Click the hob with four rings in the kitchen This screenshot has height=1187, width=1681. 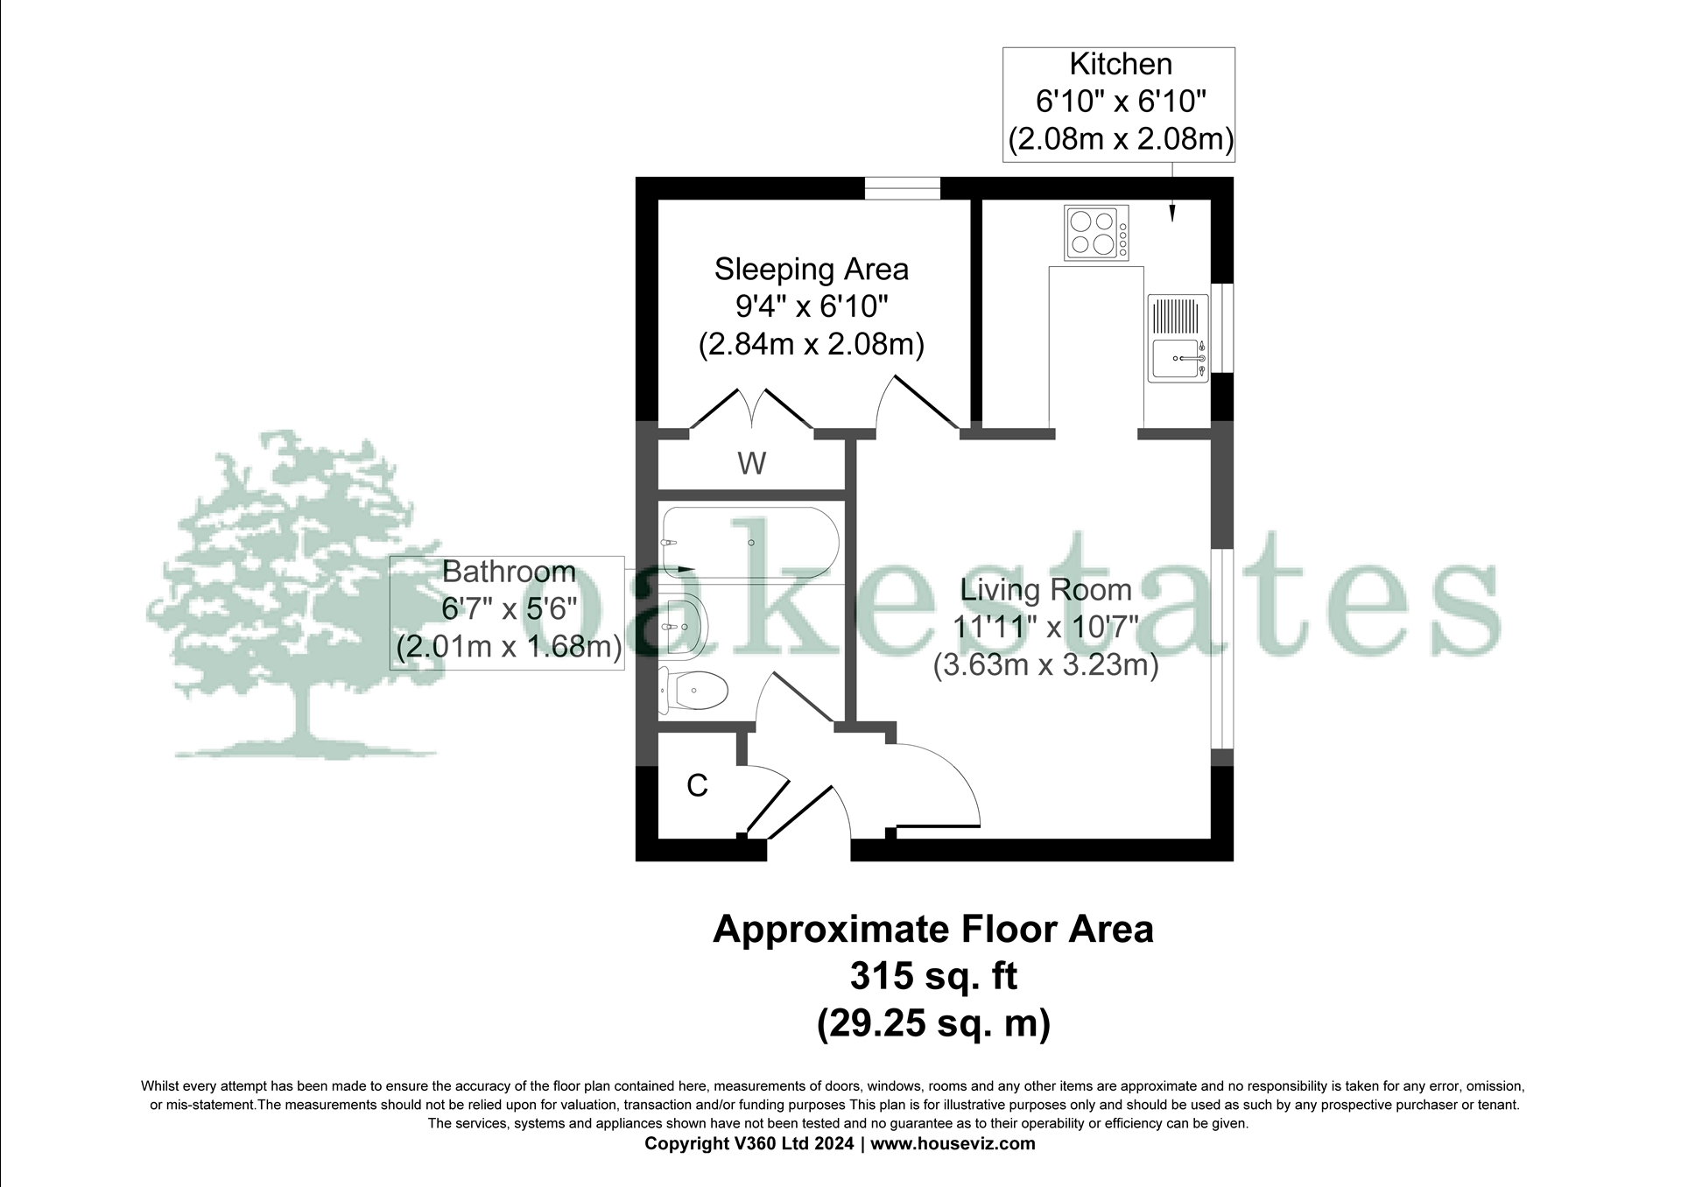[1096, 232]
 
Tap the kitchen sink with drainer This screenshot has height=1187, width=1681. [1178, 338]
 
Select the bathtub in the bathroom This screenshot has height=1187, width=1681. [749, 541]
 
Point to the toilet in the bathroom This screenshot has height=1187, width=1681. [694, 691]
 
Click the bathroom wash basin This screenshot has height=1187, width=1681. [683, 626]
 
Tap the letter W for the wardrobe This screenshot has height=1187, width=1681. [752, 463]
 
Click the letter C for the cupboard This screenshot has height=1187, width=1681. [697, 786]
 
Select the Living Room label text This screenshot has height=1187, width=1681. [1045, 590]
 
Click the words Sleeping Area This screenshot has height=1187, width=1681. [811, 269]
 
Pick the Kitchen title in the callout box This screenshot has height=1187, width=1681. [1120, 64]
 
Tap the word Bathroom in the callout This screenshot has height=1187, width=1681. [509, 572]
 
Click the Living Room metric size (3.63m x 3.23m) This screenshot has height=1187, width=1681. [1045, 665]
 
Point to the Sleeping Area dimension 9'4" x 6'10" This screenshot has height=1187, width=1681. [811, 306]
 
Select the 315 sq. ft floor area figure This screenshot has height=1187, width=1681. [933, 975]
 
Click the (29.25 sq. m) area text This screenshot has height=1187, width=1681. [933, 1022]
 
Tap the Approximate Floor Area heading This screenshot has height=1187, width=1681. [933, 929]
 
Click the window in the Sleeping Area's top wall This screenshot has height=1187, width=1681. [903, 188]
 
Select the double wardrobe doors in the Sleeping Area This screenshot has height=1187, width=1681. [752, 410]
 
